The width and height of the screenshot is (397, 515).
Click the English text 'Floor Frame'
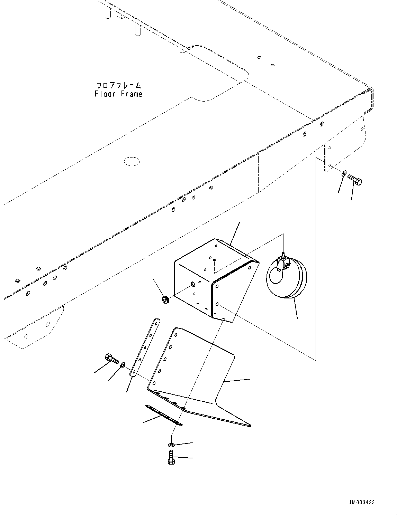[118, 94]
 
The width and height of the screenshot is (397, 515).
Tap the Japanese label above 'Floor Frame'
[118, 85]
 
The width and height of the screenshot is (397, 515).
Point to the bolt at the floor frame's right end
[355, 180]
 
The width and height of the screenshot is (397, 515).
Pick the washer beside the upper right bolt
[343, 174]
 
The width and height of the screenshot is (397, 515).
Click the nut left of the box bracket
[165, 300]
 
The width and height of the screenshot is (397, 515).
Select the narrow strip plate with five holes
[145, 347]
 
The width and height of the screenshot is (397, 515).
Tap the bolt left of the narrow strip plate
[111, 359]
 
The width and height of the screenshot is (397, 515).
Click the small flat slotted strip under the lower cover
[164, 416]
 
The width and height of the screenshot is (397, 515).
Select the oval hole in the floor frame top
[132, 161]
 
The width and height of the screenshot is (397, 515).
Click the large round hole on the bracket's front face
[193, 284]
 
